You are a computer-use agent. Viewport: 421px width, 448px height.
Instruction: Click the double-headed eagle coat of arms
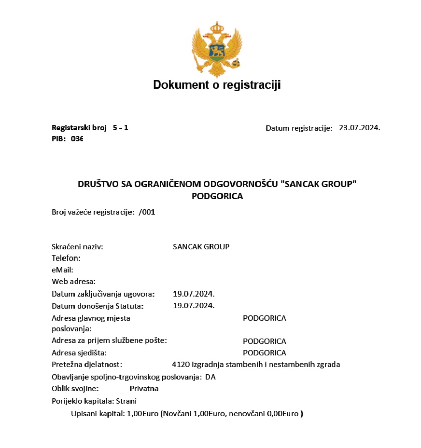coord(216,50)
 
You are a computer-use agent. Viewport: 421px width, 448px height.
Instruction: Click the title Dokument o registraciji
coord(217,85)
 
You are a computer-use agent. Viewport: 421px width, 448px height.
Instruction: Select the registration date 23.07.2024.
coord(359,128)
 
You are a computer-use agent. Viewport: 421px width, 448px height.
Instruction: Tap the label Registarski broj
coord(79,128)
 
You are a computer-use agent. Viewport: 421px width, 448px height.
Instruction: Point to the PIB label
coord(59,139)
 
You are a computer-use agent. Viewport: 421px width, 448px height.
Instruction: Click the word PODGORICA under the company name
coord(217,196)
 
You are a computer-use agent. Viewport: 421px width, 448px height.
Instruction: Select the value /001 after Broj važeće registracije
coord(147,212)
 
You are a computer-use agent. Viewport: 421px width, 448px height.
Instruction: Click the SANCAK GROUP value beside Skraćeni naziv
coord(201,247)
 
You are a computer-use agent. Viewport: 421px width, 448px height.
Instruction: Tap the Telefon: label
coord(66,258)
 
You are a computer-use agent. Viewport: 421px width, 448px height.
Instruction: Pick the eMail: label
coord(62,270)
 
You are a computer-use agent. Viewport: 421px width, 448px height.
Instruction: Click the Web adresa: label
coord(73,282)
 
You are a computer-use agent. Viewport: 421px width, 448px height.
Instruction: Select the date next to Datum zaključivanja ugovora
coord(194,294)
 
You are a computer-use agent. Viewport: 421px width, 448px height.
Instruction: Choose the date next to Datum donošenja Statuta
coord(194,305)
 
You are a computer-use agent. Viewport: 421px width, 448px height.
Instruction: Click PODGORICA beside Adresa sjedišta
coord(264,353)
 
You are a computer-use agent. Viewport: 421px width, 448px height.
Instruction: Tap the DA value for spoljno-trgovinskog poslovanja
coord(210,377)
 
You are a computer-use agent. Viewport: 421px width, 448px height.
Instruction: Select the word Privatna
coord(144,389)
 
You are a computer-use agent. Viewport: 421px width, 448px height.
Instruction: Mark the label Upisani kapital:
coord(98,414)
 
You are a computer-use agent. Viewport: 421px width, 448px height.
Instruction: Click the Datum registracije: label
coord(299,128)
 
